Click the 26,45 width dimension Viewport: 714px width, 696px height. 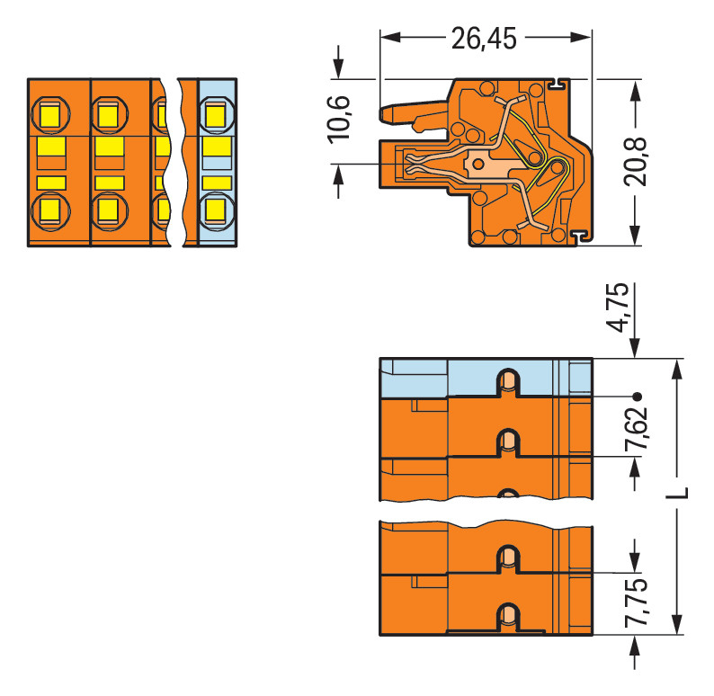486,39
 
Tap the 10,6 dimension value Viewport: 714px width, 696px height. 339,119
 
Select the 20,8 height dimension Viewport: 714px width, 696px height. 637,162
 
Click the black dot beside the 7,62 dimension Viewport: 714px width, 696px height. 638,396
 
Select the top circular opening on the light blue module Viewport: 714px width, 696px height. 215,114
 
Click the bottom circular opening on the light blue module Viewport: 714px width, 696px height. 215,210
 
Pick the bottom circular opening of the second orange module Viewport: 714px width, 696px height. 109,210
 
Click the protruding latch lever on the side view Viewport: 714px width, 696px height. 405,114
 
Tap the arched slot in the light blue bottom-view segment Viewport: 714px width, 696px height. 508,381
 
